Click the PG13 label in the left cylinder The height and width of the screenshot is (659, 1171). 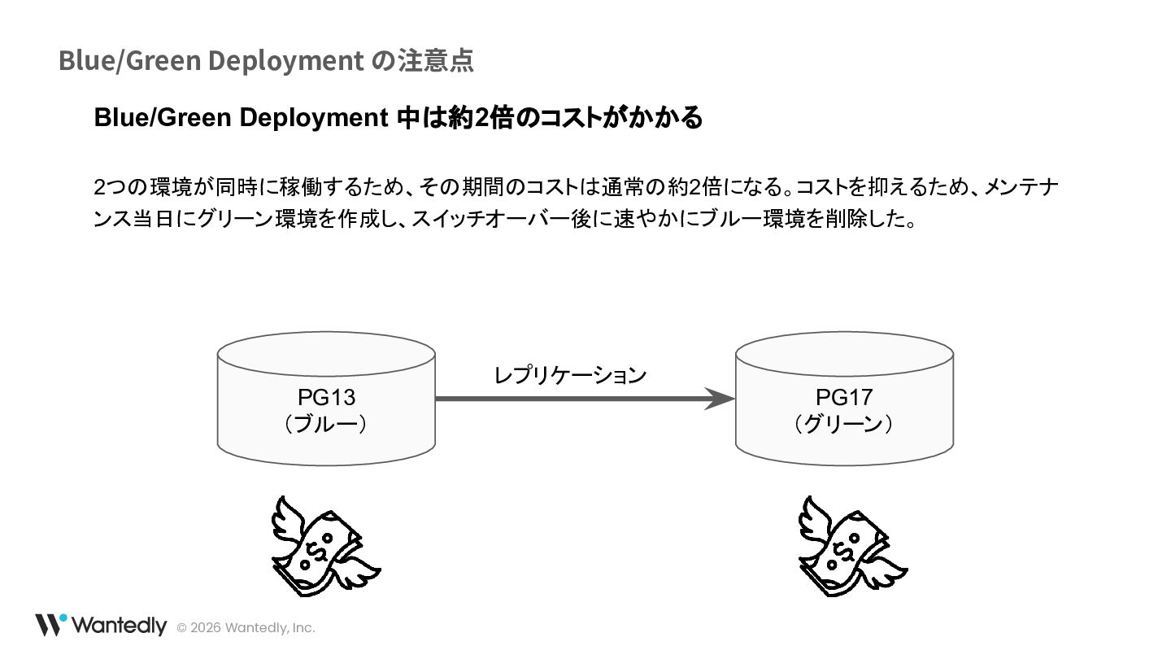(x=326, y=397)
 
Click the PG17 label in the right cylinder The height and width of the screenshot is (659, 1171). (x=844, y=397)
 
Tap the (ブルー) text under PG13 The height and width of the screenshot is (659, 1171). (x=326, y=424)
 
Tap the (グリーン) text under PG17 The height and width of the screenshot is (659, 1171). (x=844, y=424)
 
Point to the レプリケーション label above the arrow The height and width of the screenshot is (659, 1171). (x=570, y=375)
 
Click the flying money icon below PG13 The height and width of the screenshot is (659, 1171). (x=325, y=545)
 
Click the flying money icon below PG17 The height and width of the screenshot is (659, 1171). (x=852, y=545)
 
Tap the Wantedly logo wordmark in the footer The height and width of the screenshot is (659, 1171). (x=119, y=626)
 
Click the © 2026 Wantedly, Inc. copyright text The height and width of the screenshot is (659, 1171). (x=246, y=628)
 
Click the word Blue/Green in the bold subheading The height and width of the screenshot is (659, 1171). (x=160, y=118)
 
